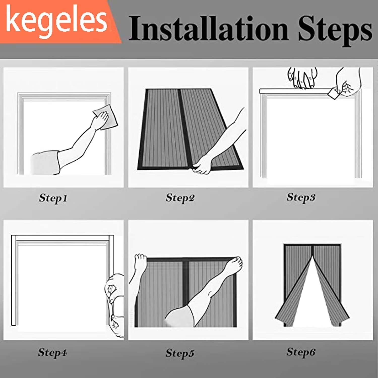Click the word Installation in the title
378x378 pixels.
[208, 28]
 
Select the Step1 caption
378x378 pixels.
[53, 198]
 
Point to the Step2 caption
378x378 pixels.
[180, 198]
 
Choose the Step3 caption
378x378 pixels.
[301, 197]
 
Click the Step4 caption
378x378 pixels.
[52, 352]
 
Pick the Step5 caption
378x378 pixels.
[180, 353]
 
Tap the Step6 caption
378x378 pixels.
[301, 352]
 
